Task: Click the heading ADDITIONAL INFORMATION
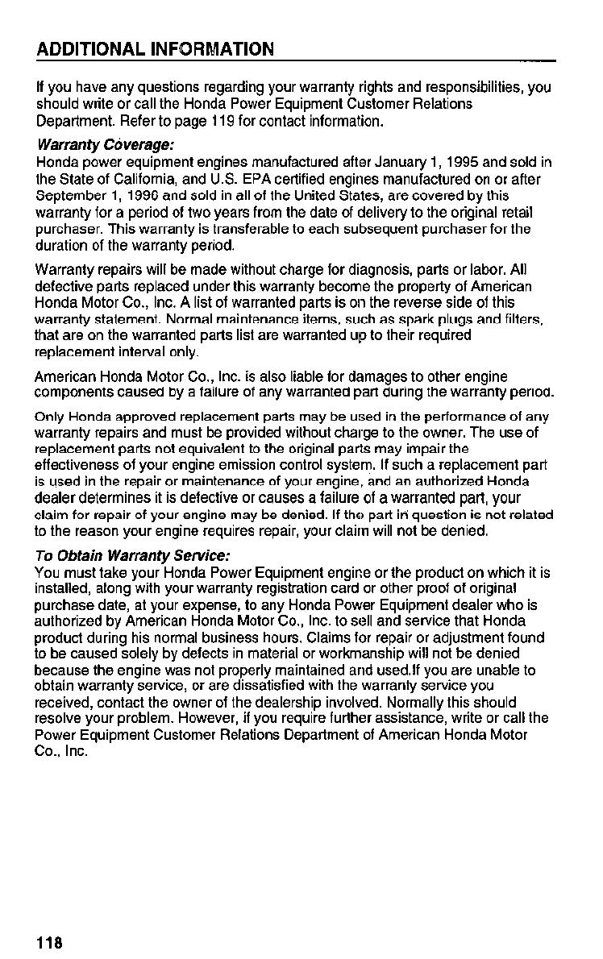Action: (x=155, y=49)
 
